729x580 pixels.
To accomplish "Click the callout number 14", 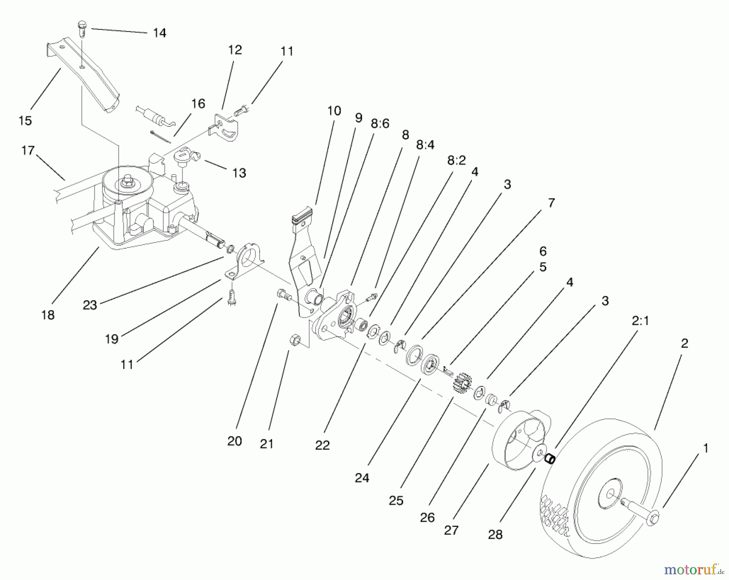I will click(x=160, y=33).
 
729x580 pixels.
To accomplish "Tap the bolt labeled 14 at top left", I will click(x=81, y=29).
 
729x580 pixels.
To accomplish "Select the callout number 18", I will click(x=48, y=315).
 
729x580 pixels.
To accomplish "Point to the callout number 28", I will click(x=495, y=534).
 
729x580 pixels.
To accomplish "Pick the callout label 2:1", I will click(x=640, y=321).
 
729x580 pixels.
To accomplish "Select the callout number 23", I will click(x=90, y=305).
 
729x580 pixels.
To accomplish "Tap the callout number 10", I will click(x=334, y=111).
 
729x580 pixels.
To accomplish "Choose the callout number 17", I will click(x=28, y=151).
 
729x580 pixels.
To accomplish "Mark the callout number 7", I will click(x=551, y=203).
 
